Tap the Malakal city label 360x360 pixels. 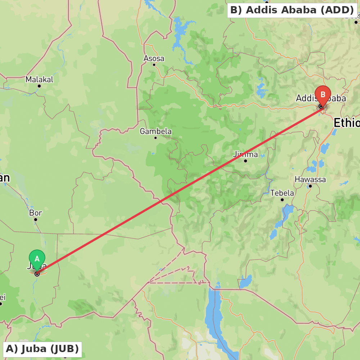tap(39, 79)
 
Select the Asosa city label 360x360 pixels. tap(154, 58)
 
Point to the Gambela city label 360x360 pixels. tap(156, 131)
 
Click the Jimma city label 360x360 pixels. tap(245, 154)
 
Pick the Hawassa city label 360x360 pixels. tap(310, 179)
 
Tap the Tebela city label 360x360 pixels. tap(282, 193)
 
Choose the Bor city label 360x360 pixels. tap(36, 213)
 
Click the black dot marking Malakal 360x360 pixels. tap(39, 86)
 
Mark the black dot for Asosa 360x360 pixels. tap(154, 65)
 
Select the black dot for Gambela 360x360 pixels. tap(156, 138)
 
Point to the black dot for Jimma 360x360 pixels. tap(246, 161)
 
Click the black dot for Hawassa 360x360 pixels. tap(310, 186)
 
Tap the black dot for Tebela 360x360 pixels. tap(282, 199)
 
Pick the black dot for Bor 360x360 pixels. tap(36, 219)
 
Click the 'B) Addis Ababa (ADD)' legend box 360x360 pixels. tap(292, 10)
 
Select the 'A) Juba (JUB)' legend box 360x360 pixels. tap(42, 349)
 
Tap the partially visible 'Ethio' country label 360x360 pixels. tap(346, 123)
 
